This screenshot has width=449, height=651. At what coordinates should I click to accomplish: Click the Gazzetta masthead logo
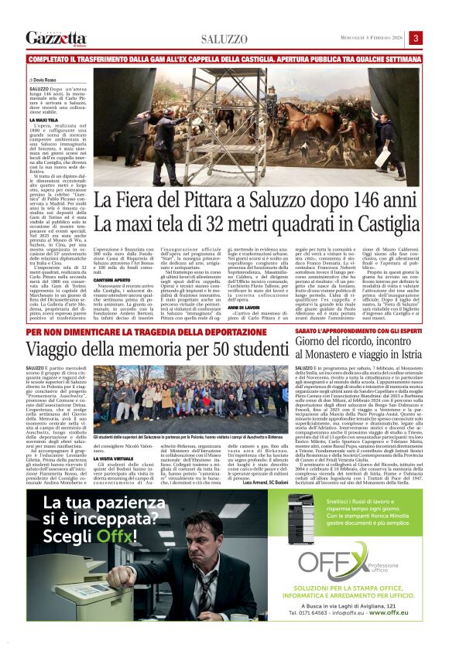(x=56, y=38)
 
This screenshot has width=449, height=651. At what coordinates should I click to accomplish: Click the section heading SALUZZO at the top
(x=224, y=39)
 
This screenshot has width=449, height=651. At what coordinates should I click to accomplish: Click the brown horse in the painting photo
(x=190, y=128)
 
